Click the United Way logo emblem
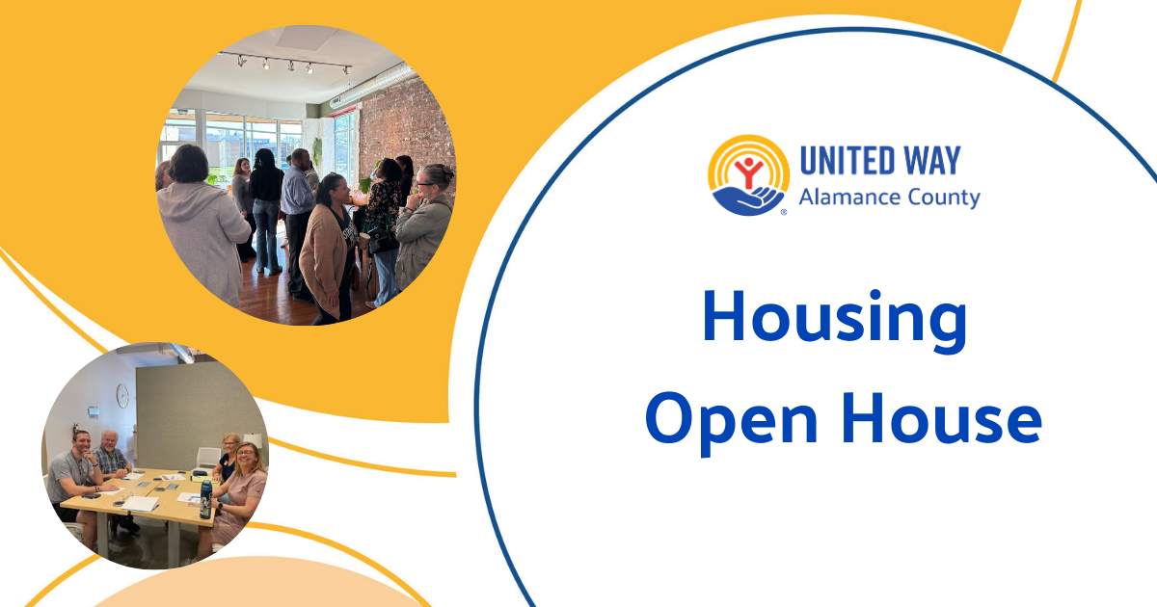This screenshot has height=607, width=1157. coord(748,174)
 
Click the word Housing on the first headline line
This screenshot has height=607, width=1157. coord(834,321)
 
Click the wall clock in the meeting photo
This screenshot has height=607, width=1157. coord(122,395)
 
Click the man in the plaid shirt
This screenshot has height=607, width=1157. coord(111,457)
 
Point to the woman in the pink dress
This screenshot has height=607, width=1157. coord(241,491)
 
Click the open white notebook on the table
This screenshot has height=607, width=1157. coord(140,503)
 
